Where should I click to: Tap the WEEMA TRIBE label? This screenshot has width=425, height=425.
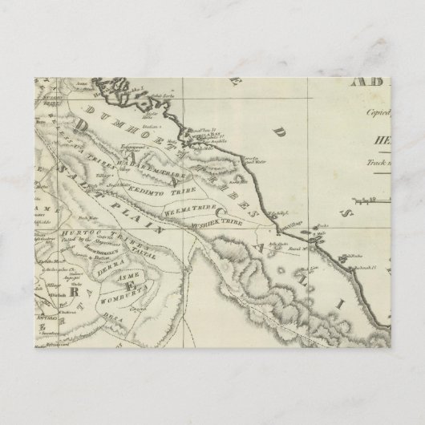click(x=187, y=211)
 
